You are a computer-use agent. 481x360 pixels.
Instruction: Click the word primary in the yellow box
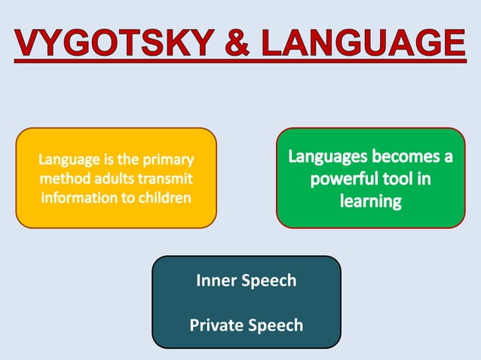pyautogui.click(x=170, y=160)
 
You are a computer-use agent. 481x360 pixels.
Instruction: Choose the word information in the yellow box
pyautogui.click(x=78, y=198)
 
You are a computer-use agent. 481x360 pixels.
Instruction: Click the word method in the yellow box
pyautogui.click(x=63, y=178)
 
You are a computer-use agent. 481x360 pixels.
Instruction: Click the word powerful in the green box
pyautogui.click(x=345, y=180)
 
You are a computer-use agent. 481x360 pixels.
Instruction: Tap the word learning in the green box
pyautogui.click(x=370, y=202)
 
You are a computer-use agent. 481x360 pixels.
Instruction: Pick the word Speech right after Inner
pyautogui.click(x=268, y=281)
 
